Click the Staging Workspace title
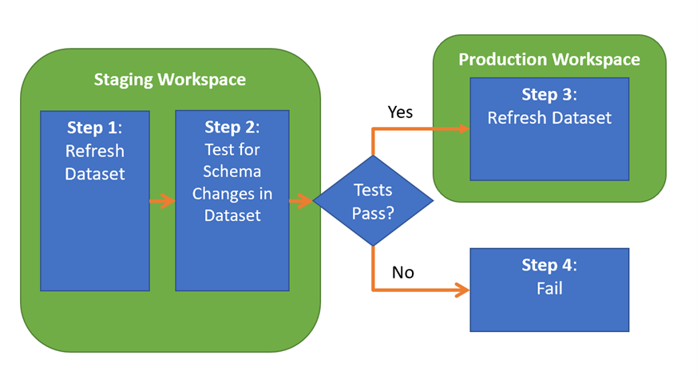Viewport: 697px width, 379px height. [x=170, y=80]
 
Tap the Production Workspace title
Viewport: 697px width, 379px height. [x=549, y=60]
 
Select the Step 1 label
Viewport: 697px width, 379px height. [x=95, y=128]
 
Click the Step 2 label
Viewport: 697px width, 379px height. [x=232, y=128]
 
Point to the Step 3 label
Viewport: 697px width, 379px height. [x=549, y=95]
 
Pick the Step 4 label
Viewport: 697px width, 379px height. [x=549, y=265]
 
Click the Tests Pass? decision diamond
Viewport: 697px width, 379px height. [x=373, y=200]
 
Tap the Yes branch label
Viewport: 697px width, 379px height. [x=400, y=112]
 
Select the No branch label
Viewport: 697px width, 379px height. [x=402, y=272]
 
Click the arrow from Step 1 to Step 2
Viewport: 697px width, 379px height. [x=162, y=201]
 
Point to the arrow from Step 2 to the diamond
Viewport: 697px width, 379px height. [x=301, y=201]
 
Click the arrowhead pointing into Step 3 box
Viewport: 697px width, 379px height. [x=464, y=128]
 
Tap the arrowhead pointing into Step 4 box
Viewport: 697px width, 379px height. [x=464, y=290]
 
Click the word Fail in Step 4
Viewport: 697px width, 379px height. [x=549, y=289]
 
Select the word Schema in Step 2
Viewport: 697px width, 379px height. [x=232, y=172]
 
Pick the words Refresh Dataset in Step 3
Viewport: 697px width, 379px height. [x=549, y=118]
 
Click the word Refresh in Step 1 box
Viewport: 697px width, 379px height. [x=95, y=151]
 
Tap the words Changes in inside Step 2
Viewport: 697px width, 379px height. [x=232, y=194]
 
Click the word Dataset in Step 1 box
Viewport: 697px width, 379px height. [x=95, y=174]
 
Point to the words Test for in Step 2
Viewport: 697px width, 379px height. [x=232, y=150]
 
